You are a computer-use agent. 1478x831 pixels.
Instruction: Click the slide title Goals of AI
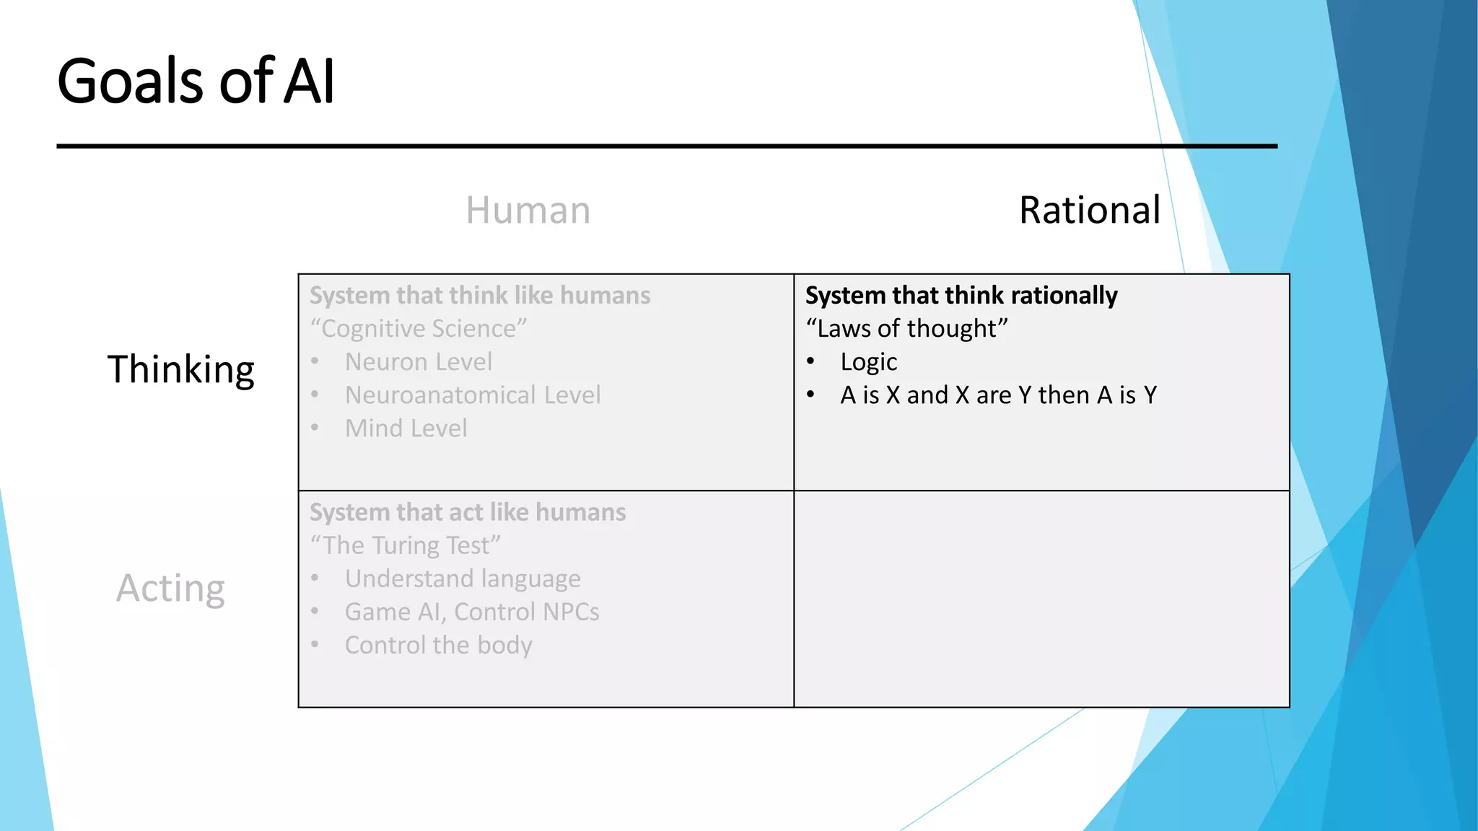(x=196, y=81)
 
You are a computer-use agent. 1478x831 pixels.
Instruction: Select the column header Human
(x=528, y=211)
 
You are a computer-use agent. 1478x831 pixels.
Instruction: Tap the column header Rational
(x=1089, y=211)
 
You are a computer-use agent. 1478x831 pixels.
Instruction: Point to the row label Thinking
(x=180, y=370)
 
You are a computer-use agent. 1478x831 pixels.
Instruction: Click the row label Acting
(x=170, y=588)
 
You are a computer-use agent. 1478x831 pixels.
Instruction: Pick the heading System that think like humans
(x=480, y=296)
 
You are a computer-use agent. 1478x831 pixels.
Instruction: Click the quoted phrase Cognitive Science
(x=419, y=329)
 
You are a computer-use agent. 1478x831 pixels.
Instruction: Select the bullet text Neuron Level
(x=419, y=362)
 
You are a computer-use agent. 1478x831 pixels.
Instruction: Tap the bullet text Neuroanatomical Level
(x=473, y=395)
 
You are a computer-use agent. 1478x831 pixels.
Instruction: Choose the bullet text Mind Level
(x=406, y=428)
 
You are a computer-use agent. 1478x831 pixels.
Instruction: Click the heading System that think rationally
(x=961, y=296)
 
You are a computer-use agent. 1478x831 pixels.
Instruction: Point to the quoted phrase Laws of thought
(x=906, y=329)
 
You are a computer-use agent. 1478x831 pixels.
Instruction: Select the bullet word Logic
(x=868, y=362)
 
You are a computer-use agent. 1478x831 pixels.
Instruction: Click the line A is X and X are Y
(x=998, y=395)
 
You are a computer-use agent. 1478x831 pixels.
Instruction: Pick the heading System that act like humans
(x=468, y=513)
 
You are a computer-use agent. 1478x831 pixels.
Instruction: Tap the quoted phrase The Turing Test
(x=405, y=546)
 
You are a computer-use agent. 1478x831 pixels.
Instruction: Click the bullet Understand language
(x=463, y=579)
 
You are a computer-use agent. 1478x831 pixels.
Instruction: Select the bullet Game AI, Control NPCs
(x=472, y=612)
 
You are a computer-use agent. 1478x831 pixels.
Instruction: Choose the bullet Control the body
(x=438, y=646)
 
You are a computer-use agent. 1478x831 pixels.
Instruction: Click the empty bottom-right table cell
(x=1041, y=599)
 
